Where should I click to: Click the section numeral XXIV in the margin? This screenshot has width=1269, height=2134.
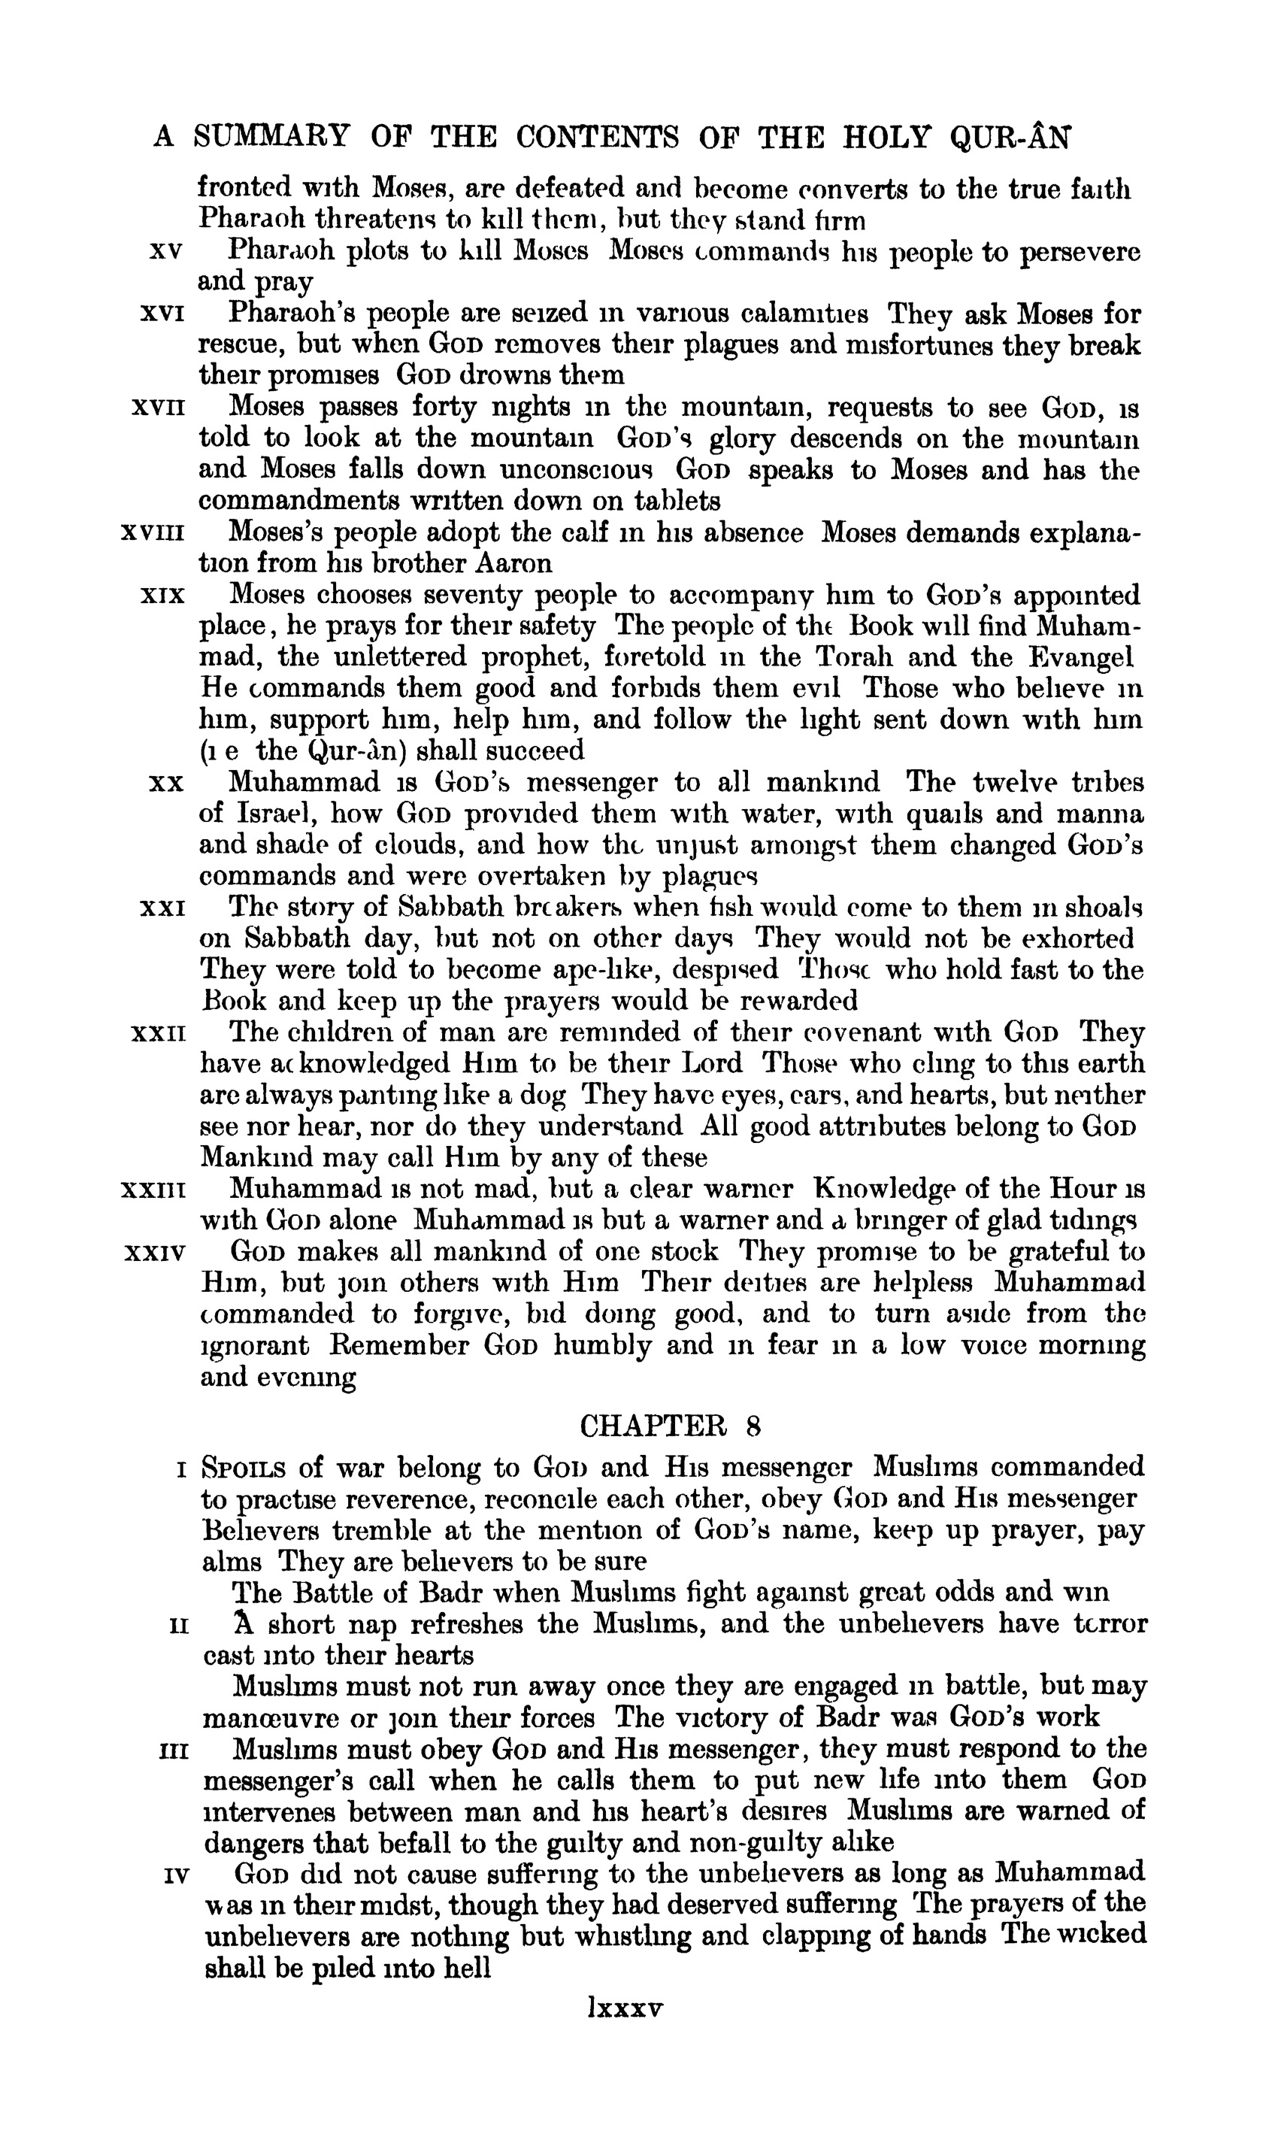click(x=155, y=1253)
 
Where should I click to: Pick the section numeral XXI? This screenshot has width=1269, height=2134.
click(x=162, y=907)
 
